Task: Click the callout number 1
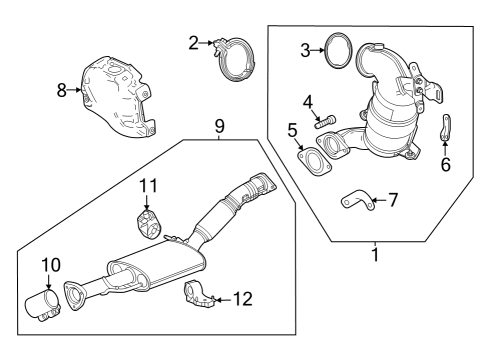376,256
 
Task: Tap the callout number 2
194,42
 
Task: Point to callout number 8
62,90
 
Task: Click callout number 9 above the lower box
219,126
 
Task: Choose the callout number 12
243,297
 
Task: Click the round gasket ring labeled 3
339,49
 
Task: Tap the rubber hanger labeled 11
149,222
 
